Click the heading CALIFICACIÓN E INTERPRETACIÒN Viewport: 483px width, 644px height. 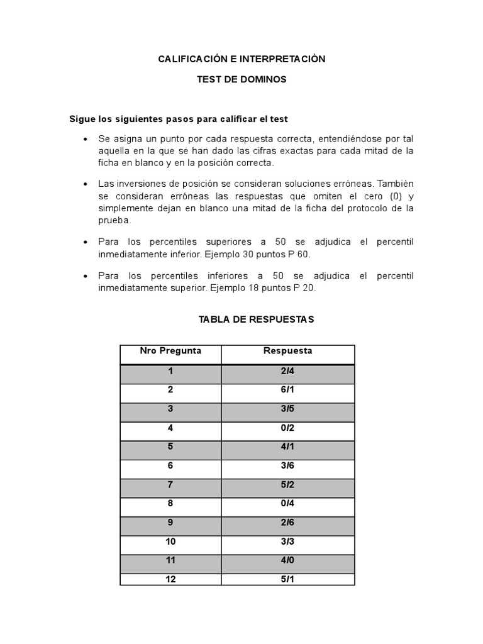pos(241,59)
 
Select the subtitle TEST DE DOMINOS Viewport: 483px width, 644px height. pos(241,80)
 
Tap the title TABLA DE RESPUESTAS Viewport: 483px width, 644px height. pos(256,319)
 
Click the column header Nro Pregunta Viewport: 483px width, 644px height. pos(170,351)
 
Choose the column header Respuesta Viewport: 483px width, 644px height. pos(287,351)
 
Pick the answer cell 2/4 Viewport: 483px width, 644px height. pos(287,371)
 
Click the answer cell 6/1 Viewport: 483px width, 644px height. pos(287,390)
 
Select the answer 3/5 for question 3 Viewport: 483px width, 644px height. pos(287,409)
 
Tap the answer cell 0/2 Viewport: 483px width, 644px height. pos(287,428)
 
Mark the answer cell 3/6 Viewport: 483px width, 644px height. pos(287,466)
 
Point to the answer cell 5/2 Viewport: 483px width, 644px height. pos(287,485)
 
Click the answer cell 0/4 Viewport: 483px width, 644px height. pos(287,504)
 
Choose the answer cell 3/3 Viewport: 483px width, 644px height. pos(287,542)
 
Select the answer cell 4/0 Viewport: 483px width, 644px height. pos(287,561)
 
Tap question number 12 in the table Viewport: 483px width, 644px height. pos(170,580)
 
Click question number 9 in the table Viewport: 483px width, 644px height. pos(170,523)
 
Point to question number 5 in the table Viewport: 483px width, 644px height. pos(170,447)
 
